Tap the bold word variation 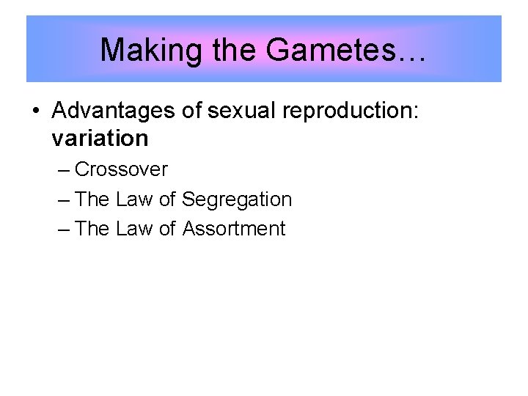[x=100, y=138]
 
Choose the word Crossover [x=121, y=169]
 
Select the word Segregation [x=237, y=199]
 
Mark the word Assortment [x=234, y=229]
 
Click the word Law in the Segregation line [x=134, y=199]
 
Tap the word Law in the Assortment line [x=134, y=229]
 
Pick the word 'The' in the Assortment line [x=92, y=229]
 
